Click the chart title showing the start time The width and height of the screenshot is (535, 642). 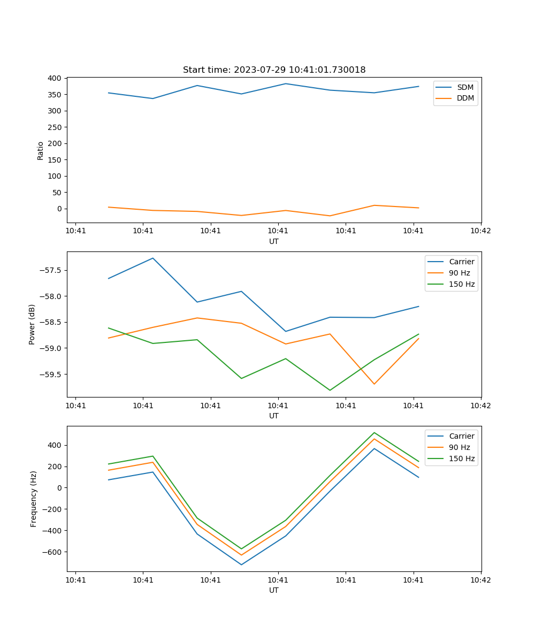274,70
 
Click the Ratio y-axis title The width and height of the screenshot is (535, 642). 41,150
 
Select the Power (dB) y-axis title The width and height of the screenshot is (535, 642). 32,324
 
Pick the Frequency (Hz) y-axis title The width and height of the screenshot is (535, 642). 34,499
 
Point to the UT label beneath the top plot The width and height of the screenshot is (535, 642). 274,242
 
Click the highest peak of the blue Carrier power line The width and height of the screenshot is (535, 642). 153,258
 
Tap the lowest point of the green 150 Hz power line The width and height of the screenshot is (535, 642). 330,390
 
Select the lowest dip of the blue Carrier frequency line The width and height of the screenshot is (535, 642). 241,564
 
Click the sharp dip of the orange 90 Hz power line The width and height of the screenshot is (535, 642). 374,384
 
